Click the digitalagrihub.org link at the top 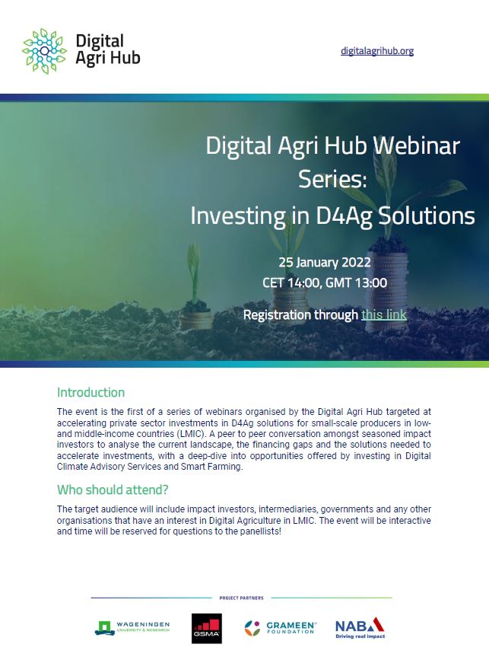tap(377, 51)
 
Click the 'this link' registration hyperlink tap(384, 314)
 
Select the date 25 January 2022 tap(325, 262)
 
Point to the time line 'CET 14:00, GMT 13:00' tap(325, 282)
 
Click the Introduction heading tap(90, 393)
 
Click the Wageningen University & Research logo tap(132, 627)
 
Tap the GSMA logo tap(205, 627)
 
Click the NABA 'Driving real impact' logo tap(360, 627)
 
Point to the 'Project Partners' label tap(241, 598)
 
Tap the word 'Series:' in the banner tap(332, 180)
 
